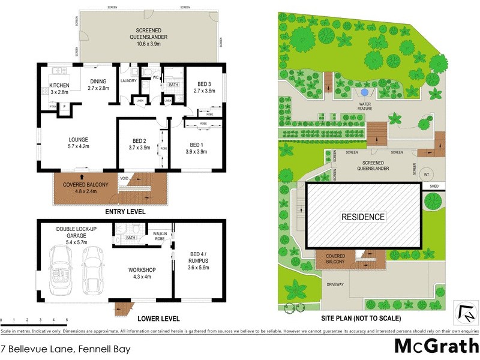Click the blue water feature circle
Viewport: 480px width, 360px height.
pos(364,92)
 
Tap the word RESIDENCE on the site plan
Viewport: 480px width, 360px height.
pos(363,217)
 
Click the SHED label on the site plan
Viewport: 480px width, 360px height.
pos(434,186)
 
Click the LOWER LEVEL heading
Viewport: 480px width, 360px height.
pos(158,318)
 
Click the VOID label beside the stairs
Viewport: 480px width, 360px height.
pos(124,178)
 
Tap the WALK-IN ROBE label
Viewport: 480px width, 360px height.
pos(159,236)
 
